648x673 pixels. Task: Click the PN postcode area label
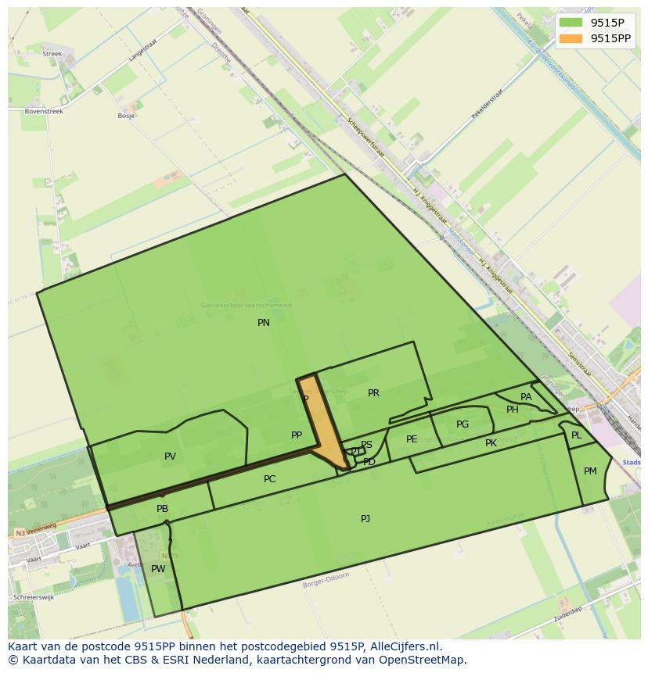click(x=264, y=322)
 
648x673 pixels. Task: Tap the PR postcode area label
click(x=373, y=393)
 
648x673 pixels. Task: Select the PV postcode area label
click(x=170, y=456)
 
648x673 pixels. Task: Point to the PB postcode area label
click(x=162, y=509)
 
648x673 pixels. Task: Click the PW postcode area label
click(x=158, y=569)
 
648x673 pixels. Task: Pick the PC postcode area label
click(x=269, y=479)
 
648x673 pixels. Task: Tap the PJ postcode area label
click(x=365, y=519)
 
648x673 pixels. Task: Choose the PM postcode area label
click(x=590, y=471)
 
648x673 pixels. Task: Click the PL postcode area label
click(x=577, y=435)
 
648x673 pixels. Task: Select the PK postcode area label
click(x=491, y=443)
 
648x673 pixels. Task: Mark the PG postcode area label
click(x=463, y=424)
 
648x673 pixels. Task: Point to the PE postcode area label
click(x=412, y=439)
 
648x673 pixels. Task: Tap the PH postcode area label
click(x=512, y=410)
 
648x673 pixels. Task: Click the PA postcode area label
click(x=526, y=397)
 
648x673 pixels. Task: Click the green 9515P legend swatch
click(x=571, y=23)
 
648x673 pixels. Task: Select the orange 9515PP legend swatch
click(x=571, y=38)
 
